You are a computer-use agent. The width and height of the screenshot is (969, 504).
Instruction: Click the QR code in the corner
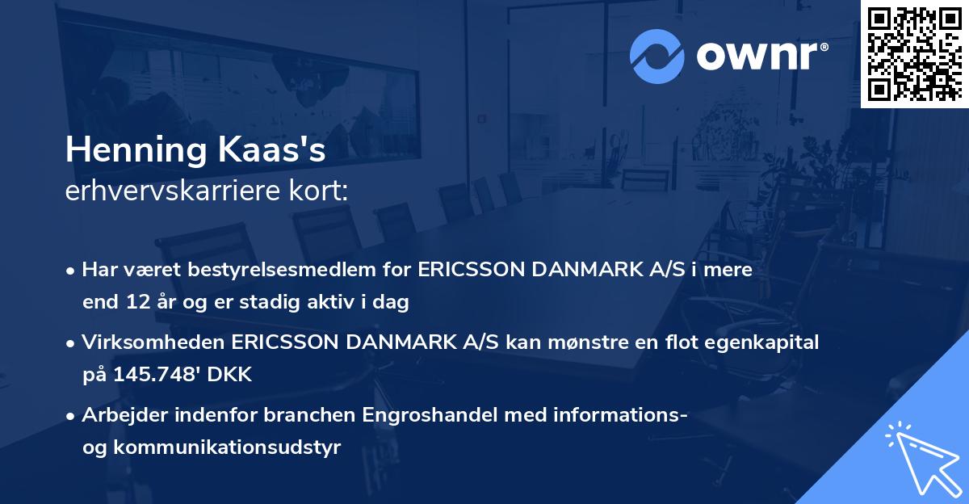click(x=914, y=52)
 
